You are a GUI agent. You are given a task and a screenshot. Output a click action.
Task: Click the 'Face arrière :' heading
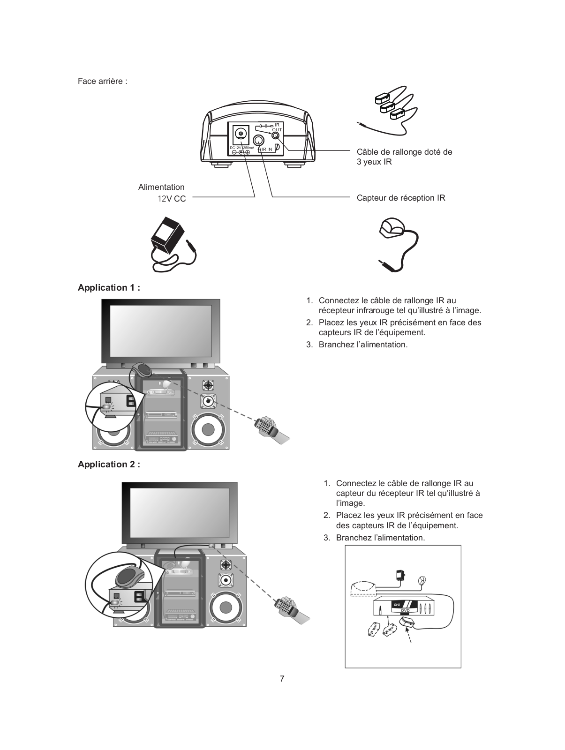point(103,81)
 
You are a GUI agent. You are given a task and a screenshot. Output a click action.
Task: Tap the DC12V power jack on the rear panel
point(241,134)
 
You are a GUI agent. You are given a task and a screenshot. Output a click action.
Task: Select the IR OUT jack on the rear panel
point(276,136)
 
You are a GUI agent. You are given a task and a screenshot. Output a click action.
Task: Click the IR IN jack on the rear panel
point(258,140)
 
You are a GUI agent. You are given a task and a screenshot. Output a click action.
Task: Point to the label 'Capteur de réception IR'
point(401,198)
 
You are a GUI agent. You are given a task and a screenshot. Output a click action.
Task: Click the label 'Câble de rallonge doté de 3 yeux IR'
point(404,157)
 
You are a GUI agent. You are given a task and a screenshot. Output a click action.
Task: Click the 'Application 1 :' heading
point(109,288)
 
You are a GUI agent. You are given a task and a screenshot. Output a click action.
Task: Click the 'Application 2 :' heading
point(109,465)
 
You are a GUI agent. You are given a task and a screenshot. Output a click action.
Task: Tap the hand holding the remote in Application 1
point(271,429)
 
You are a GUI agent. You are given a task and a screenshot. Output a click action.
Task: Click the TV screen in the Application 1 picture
point(160,330)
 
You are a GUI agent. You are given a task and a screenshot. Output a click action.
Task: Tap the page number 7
point(282,678)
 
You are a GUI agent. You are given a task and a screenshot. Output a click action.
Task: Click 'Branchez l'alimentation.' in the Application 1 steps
point(363,345)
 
